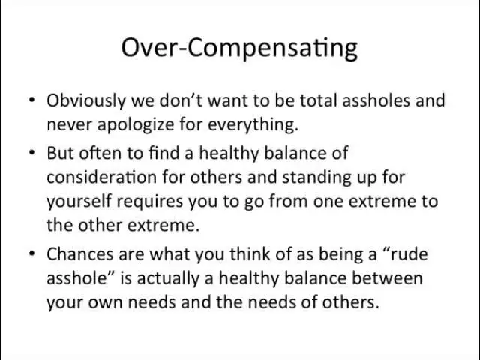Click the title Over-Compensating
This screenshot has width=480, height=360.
(x=239, y=49)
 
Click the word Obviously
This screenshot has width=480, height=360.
(x=86, y=101)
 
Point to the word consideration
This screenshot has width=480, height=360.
(x=102, y=177)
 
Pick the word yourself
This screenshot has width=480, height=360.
(x=79, y=202)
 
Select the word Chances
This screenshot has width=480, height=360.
(x=80, y=254)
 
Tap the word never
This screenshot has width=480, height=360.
(x=70, y=125)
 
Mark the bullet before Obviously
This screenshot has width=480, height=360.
(x=32, y=100)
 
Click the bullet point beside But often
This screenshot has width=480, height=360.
(x=32, y=152)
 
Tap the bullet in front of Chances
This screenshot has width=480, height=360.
(x=32, y=253)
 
